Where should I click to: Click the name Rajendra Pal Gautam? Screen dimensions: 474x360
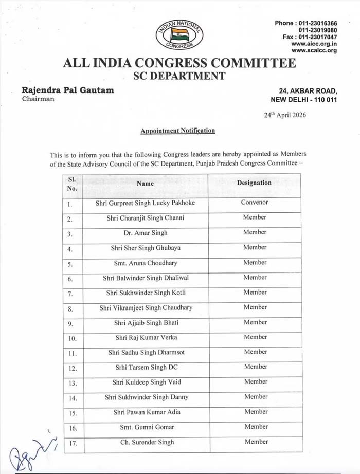point(68,90)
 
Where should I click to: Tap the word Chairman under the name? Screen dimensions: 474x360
point(38,99)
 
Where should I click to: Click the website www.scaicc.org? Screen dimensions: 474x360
point(314,50)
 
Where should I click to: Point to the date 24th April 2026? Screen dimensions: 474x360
point(284,115)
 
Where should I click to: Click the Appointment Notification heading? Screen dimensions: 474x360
point(178,131)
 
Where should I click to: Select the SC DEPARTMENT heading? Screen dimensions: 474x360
point(179,76)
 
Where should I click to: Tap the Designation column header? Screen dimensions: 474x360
point(254,183)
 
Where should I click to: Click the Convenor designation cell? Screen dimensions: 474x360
point(255,202)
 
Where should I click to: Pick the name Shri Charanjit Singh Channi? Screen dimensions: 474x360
point(146,217)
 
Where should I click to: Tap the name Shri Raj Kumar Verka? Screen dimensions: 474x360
point(146,337)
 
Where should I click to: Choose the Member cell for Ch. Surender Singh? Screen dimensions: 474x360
point(256,442)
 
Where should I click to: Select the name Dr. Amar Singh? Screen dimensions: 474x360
point(146,232)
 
